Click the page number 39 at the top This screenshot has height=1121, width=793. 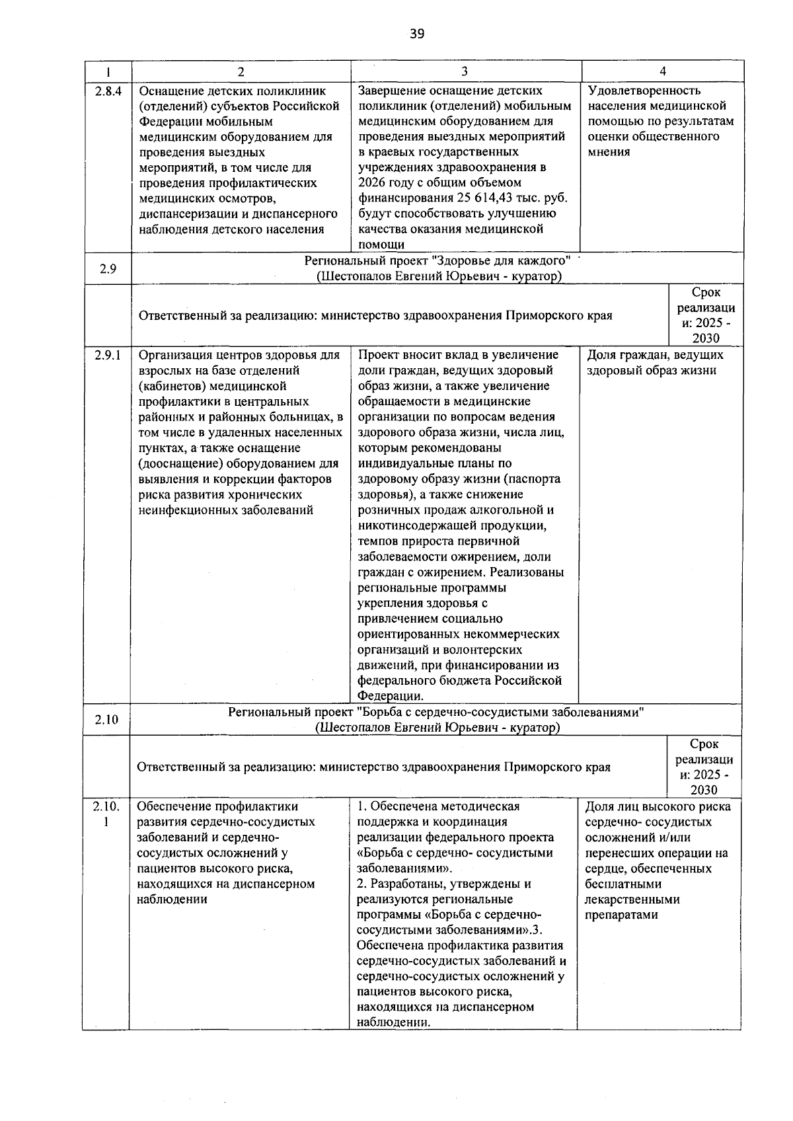[x=416, y=34]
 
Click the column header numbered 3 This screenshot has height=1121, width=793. [x=465, y=71]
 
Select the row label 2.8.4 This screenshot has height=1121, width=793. [x=108, y=91]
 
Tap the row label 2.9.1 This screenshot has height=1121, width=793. [x=107, y=355]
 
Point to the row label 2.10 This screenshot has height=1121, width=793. [x=106, y=719]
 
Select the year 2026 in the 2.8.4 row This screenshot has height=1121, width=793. [x=373, y=182]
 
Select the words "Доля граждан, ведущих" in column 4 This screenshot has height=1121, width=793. [x=655, y=355]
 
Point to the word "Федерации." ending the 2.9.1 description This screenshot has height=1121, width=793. [x=391, y=695]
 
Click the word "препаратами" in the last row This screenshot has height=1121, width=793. [x=621, y=915]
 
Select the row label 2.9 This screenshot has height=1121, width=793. [x=108, y=269]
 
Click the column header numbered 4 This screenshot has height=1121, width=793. [x=663, y=71]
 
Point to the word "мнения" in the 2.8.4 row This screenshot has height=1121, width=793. [x=609, y=152]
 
